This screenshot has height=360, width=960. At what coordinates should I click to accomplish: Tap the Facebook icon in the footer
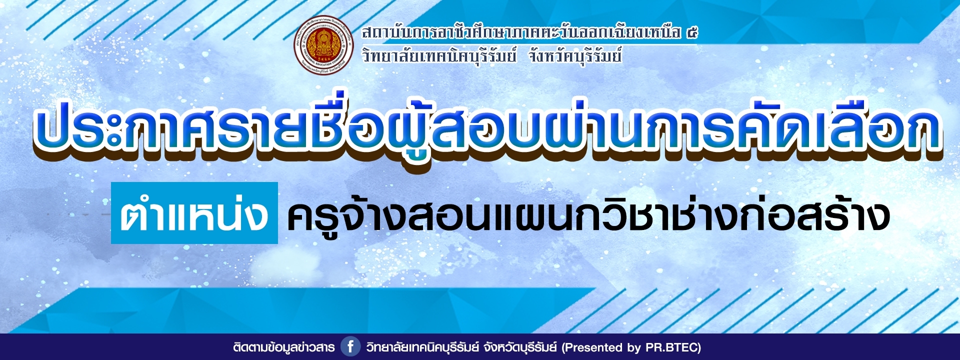350,346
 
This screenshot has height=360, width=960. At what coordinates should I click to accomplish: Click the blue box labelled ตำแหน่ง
194,213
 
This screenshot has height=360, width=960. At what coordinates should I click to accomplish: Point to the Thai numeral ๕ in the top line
692,33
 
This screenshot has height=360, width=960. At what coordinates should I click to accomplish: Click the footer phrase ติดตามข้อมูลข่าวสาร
283,347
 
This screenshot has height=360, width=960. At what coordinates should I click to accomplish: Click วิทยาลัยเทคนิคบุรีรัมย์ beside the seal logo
439,55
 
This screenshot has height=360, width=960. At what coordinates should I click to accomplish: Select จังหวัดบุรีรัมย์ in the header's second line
575,55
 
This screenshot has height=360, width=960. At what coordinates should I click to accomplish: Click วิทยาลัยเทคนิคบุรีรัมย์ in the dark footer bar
422,347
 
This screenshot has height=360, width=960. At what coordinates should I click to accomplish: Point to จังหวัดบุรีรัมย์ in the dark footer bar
520,347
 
